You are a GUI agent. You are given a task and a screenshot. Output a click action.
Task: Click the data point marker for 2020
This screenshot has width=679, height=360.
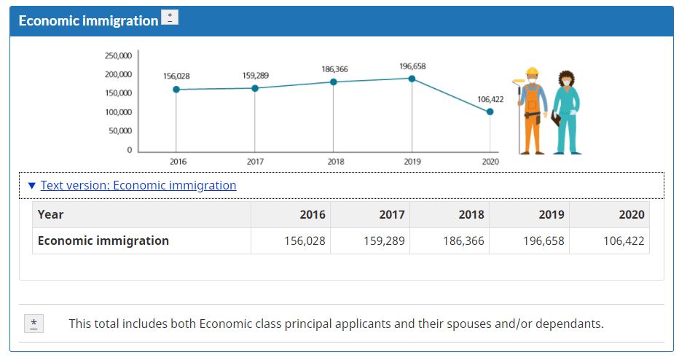[490, 111]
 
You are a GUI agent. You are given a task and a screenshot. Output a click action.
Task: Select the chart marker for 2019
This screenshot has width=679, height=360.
[412, 79]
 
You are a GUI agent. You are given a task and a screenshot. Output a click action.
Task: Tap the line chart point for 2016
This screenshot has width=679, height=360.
[176, 90]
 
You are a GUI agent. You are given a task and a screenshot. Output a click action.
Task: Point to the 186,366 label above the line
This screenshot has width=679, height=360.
[334, 69]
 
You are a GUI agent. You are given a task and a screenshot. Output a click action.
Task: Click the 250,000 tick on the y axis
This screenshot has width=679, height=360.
[119, 55]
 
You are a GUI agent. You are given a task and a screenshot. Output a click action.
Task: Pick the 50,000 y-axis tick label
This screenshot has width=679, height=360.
[121, 131]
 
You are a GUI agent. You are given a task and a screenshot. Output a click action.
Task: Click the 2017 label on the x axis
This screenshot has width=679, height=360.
[256, 162]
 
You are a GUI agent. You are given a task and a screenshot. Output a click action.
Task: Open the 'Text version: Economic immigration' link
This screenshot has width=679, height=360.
[138, 185]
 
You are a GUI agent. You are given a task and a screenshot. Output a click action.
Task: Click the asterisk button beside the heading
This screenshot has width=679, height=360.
[170, 17]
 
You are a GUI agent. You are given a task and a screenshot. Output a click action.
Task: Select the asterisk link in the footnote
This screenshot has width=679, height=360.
[34, 324]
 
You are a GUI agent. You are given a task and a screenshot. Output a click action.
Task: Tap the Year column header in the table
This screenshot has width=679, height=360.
[51, 214]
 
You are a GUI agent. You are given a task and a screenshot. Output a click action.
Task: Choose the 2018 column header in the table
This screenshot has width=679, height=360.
[471, 214]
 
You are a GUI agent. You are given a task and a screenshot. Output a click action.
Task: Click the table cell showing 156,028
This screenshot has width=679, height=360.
[305, 240]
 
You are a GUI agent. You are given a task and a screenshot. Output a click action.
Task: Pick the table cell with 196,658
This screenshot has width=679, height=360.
[543, 240]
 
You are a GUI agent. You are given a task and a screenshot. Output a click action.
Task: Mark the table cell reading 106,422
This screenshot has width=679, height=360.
[624, 240]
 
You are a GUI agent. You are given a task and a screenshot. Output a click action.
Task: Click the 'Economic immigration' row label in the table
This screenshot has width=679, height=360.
[103, 240]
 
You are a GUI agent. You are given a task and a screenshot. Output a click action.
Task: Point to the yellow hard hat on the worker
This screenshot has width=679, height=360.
[532, 71]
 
